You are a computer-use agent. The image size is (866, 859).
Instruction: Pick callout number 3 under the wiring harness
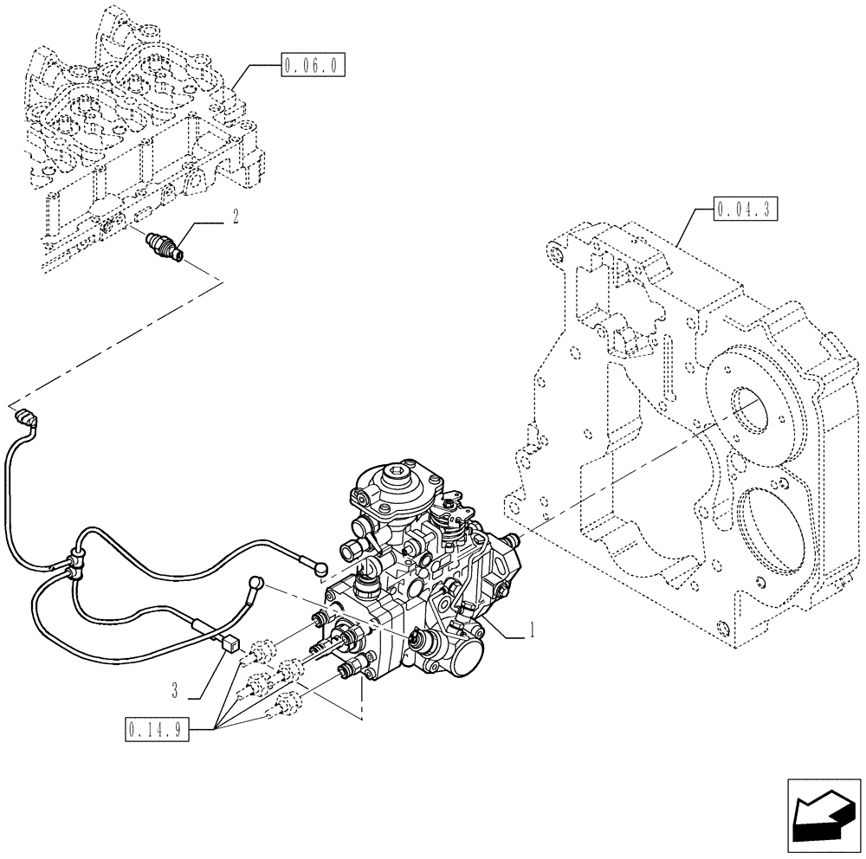[x=175, y=690]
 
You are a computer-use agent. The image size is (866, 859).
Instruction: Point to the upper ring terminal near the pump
[x=322, y=569]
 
